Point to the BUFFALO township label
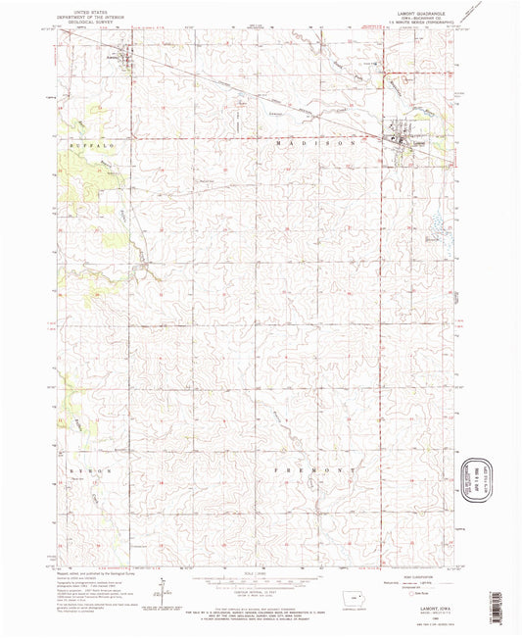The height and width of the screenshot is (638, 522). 93,145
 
